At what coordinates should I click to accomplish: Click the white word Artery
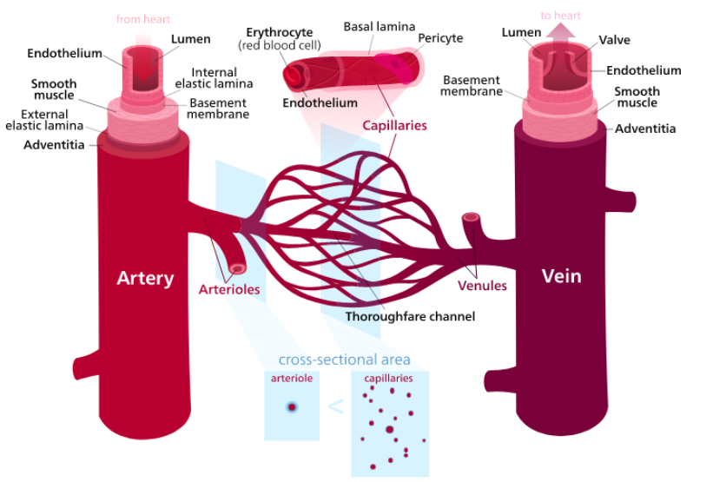tap(145, 279)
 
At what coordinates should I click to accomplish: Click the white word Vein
tap(561, 276)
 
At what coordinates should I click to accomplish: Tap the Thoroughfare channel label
tap(410, 316)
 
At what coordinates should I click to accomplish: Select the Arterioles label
tap(229, 289)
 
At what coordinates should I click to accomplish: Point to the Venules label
tap(482, 286)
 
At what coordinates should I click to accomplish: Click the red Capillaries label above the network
tap(394, 125)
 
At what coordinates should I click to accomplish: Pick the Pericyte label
tap(440, 38)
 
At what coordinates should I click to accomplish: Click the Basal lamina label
tap(379, 27)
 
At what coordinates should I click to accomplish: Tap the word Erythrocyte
tap(279, 32)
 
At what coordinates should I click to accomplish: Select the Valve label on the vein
tap(614, 40)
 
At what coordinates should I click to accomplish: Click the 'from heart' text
tap(143, 18)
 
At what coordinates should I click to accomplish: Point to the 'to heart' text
tap(560, 16)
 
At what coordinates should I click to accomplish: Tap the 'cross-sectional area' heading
tap(344, 360)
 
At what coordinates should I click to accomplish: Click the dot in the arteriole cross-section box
tap(292, 406)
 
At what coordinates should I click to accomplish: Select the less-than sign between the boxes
tap(335, 406)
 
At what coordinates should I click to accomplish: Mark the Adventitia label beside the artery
tap(54, 144)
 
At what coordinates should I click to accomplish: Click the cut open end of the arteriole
tap(237, 268)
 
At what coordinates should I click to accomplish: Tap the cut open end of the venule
tap(472, 218)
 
